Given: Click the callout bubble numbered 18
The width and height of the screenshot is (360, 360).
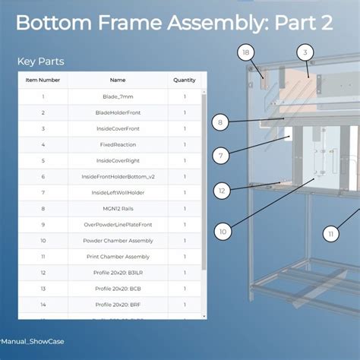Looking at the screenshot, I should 245,52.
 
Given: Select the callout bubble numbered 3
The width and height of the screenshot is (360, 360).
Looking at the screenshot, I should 305,52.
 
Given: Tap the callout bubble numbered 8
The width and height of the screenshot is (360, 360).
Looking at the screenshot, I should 219,122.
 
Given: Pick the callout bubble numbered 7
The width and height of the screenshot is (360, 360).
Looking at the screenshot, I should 220,156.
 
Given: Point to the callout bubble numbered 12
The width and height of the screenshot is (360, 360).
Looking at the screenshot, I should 222,191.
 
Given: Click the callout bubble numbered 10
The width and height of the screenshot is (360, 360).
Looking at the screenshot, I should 223,232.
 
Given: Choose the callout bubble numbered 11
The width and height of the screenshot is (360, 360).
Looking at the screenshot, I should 330,234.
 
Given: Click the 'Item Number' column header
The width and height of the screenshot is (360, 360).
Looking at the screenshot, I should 43,80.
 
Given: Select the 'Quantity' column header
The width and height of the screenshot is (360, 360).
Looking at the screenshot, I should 184,80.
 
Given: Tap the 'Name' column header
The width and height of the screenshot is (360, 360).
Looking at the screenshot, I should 118,80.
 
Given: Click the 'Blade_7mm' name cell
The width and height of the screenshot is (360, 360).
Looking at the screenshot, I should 118,96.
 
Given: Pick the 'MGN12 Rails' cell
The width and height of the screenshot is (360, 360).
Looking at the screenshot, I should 118,208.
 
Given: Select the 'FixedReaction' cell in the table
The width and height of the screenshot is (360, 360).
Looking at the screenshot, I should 118,144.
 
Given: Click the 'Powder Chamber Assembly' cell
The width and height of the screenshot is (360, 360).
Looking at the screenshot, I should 118,241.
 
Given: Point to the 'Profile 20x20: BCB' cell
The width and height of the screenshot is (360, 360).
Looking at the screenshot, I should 118,289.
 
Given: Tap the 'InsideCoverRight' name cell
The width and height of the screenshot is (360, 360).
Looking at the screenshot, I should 118,160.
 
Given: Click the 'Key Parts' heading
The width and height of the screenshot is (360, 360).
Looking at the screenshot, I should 40,61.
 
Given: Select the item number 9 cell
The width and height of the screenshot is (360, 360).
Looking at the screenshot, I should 43,225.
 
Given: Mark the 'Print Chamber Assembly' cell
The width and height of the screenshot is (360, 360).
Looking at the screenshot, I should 118,257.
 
